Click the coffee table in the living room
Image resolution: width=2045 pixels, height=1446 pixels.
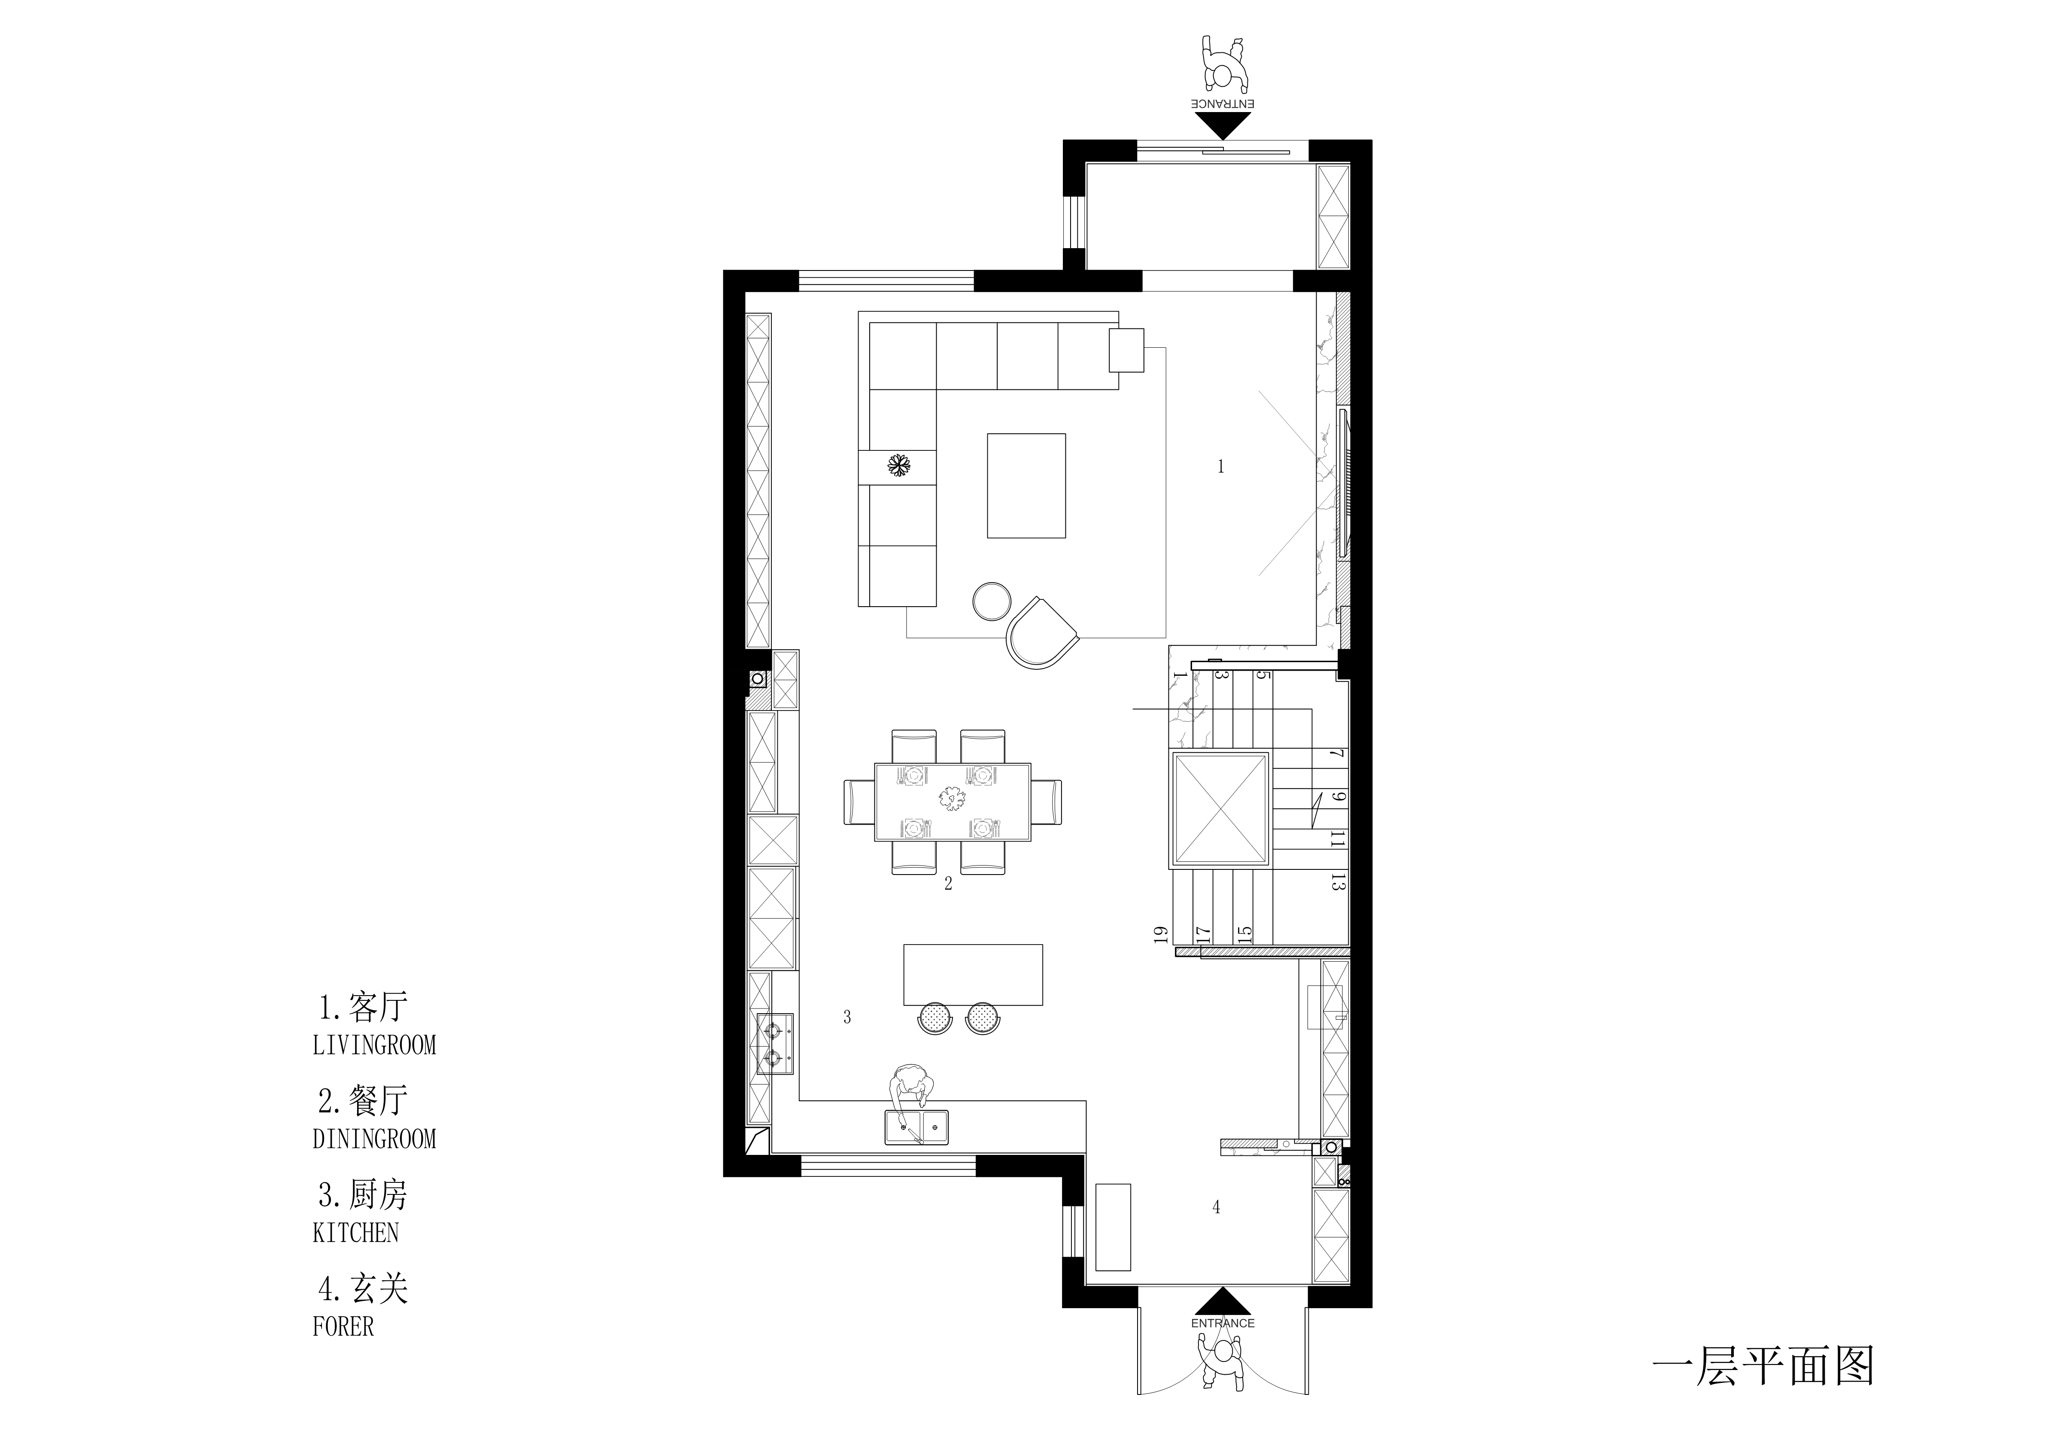[x=1026, y=486]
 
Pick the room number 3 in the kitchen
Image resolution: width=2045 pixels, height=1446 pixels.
[x=847, y=1017]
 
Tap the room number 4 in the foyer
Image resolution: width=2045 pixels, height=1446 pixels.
[x=1217, y=1207]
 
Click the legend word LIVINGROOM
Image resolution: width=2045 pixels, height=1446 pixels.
[x=374, y=1045]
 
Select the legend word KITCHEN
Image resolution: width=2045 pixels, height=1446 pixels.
[x=355, y=1233]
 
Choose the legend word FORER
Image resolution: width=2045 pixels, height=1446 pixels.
[x=343, y=1327]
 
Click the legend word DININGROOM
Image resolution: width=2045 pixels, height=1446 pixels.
[x=374, y=1139]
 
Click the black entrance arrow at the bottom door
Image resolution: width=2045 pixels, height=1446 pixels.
[x=1223, y=1300]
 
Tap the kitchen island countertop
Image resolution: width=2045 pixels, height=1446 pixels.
[x=973, y=975]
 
